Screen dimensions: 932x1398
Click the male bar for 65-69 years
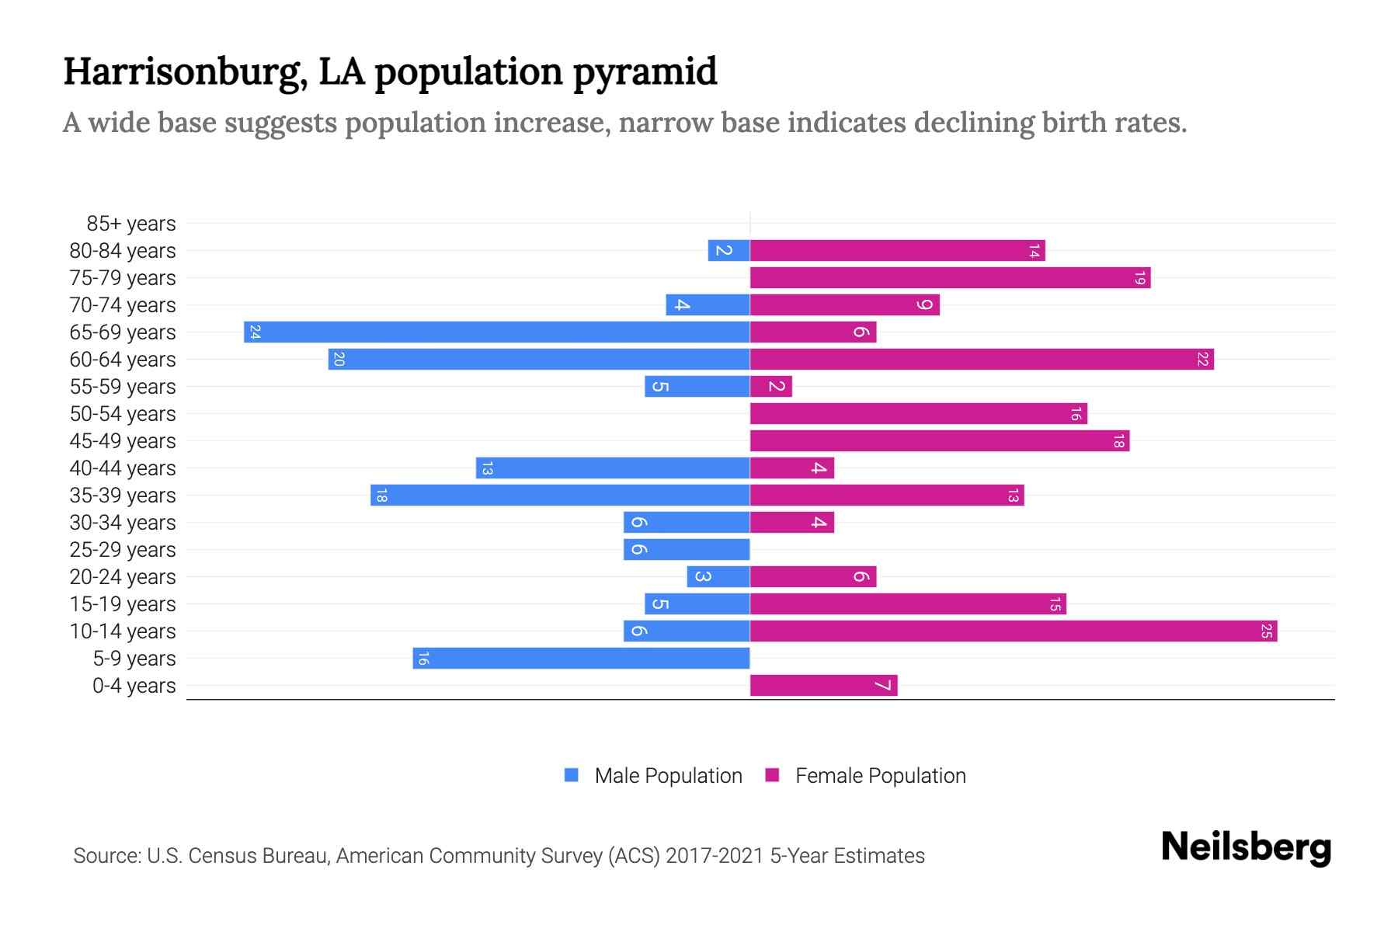click(497, 332)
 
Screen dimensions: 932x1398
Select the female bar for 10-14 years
click(1014, 631)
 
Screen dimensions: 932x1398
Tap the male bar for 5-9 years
click(581, 659)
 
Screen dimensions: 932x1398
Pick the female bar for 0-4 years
click(823, 686)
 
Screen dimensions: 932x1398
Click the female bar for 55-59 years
click(770, 387)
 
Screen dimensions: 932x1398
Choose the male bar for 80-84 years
click(729, 251)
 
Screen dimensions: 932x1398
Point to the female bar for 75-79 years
click(950, 278)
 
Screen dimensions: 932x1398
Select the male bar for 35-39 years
click(560, 496)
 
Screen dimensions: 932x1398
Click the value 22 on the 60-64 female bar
click(1202, 360)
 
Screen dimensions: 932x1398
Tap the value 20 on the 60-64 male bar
click(339, 360)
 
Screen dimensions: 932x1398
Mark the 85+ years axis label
click(131, 224)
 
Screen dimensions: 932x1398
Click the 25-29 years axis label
click(123, 550)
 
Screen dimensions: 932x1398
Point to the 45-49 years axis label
click(123, 441)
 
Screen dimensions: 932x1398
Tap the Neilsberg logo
click(1246, 847)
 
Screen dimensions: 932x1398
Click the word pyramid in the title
click(645, 71)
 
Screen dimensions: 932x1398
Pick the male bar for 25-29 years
click(687, 550)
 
